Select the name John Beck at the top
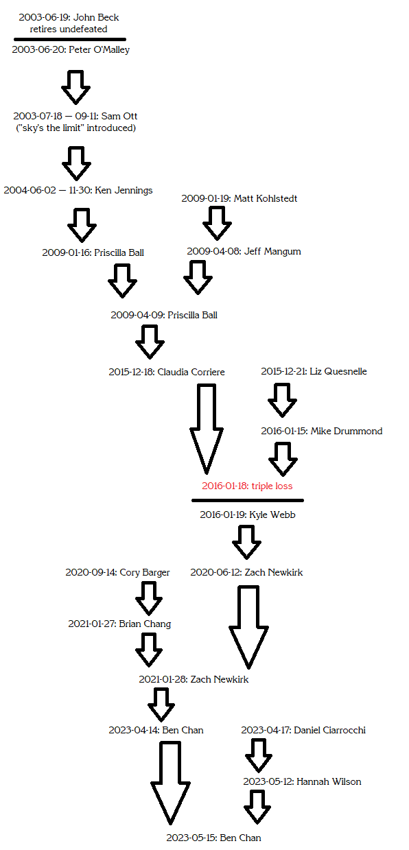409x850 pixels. [x=96, y=17]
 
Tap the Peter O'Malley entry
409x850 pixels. [x=71, y=49]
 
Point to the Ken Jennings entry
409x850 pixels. [x=78, y=190]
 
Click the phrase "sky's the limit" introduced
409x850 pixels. [x=76, y=128]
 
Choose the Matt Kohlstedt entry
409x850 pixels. [x=239, y=198]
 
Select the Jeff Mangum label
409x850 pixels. [x=244, y=251]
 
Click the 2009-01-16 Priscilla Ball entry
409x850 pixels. [x=93, y=252]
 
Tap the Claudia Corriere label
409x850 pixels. [x=167, y=372]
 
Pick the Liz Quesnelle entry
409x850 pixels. [x=314, y=371]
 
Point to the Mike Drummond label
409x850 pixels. [x=321, y=431]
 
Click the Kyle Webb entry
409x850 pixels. [x=247, y=515]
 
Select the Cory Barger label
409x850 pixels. [x=117, y=572]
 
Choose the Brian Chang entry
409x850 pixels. [x=119, y=624]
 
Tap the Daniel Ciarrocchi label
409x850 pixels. [x=303, y=730]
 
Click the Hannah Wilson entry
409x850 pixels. [x=302, y=781]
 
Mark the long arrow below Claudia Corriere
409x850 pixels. [x=207, y=429]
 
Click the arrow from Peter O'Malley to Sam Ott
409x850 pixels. [x=76, y=87]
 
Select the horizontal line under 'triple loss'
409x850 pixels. [x=248, y=501]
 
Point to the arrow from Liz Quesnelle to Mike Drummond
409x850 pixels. [x=282, y=401]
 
